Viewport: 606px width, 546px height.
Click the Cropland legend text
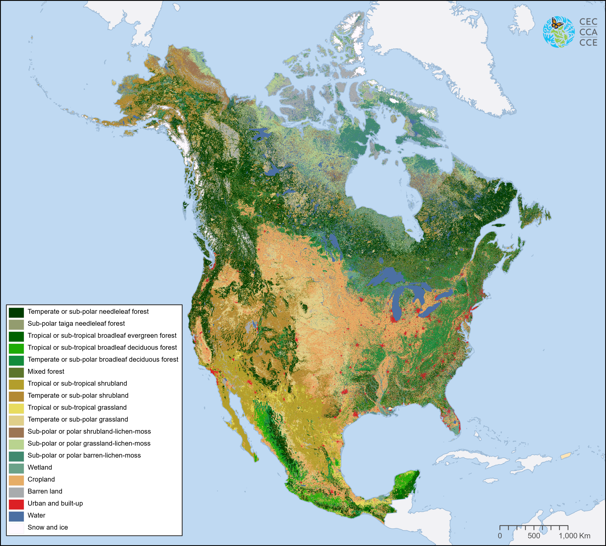41,479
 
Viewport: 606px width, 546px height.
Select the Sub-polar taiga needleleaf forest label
76,323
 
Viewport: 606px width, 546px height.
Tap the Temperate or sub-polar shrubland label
78,395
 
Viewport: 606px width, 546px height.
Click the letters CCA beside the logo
588,32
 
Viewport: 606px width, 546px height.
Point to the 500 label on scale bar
534,535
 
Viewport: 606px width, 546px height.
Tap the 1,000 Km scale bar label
574,535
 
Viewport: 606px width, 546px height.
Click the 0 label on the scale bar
500,535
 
